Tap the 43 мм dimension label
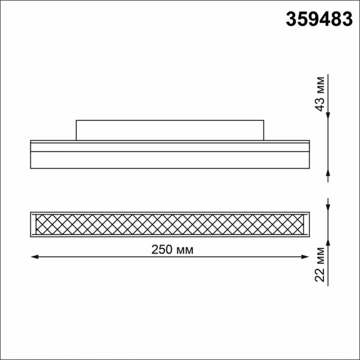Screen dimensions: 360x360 pos(320,94)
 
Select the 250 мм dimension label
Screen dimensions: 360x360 pos(172,250)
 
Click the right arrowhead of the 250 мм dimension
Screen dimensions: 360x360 pos(307,256)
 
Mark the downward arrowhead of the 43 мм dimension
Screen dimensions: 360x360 pos(328,116)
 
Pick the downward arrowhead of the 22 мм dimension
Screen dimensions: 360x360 pos(328,207)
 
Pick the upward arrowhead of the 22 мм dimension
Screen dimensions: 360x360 pos(328,242)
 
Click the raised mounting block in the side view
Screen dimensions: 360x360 pos(170,130)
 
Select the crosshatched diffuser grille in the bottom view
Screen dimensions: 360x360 pos(170,224)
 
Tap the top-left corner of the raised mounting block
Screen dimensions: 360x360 pos(76,121)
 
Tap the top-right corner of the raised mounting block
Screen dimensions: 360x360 pos(264,121)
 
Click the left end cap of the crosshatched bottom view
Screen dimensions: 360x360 pos(32,224)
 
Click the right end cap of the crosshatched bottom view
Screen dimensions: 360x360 pos(308,224)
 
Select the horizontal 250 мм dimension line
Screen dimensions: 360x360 pos(103,256)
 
